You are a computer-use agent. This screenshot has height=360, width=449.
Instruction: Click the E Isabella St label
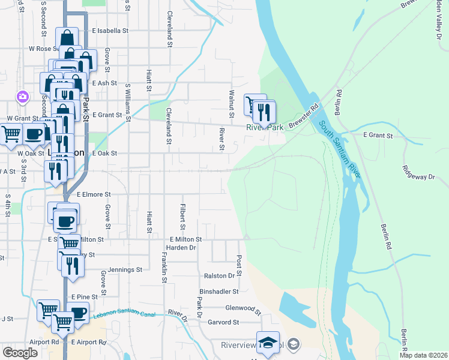pos(110,30)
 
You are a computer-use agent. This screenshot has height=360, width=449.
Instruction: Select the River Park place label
pos(264,128)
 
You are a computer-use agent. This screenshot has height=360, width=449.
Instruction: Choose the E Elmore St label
pos(94,194)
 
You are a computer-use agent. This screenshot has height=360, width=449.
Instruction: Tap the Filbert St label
pos(182,217)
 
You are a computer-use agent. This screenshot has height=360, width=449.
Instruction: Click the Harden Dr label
pos(181,247)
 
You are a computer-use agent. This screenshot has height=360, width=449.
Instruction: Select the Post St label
pos(239,265)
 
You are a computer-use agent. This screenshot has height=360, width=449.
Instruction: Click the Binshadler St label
pos(218,291)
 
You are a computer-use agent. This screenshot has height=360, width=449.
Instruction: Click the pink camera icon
pos(23,96)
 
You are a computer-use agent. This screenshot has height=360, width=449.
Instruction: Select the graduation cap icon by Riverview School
pos(294,344)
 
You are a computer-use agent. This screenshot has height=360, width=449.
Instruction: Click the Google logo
pos(20,353)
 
